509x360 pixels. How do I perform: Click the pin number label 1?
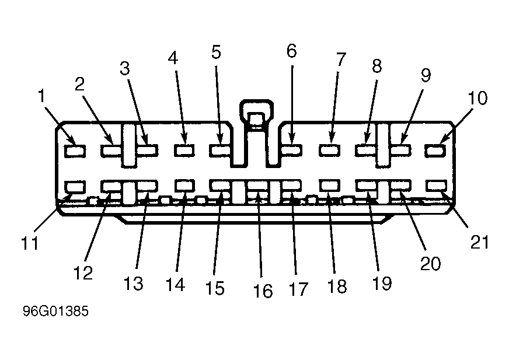click(x=41, y=96)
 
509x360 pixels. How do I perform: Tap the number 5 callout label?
click(x=216, y=52)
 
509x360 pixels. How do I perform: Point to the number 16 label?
click(x=263, y=291)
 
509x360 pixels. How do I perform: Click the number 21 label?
click(x=480, y=242)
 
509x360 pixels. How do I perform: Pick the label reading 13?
click(x=133, y=284)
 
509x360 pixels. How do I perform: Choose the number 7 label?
click(x=341, y=59)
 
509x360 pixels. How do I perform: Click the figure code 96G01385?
click(x=55, y=311)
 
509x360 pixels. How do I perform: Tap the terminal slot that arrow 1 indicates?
click(x=75, y=151)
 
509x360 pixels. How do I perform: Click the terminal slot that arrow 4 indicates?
click(x=184, y=151)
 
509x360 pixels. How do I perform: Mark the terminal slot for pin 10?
click(x=435, y=151)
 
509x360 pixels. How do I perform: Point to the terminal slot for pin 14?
click(x=184, y=186)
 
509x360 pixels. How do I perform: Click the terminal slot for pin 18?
click(x=329, y=186)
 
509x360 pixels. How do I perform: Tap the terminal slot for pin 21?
click(x=436, y=186)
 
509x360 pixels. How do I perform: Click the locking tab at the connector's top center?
click(x=256, y=117)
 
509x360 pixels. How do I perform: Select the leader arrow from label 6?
click(x=292, y=105)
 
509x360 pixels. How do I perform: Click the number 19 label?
click(x=382, y=284)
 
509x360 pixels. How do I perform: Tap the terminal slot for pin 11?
click(x=75, y=187)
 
